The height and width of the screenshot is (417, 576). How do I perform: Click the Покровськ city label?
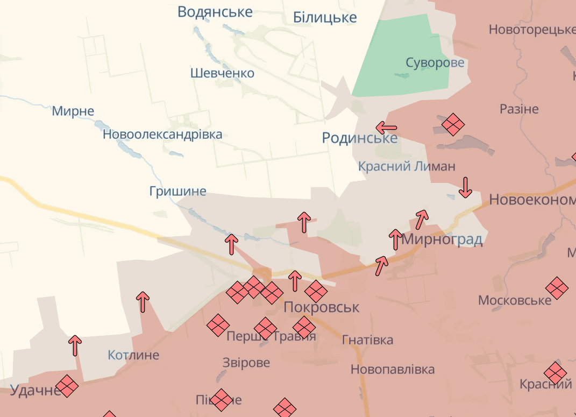tap(321, 307)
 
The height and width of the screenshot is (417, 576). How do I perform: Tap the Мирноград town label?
tap(442, 239)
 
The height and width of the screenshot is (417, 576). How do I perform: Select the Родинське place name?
tap(359, 138)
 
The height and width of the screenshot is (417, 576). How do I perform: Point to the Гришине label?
tap(177, 191)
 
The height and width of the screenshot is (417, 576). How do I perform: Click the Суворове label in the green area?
tap(435, 63)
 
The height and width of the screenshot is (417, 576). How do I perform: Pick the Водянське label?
tap(215, 12)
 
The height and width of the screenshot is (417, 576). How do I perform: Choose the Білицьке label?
tap(325, 18)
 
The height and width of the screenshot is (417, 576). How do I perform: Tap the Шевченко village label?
tap(222, 73)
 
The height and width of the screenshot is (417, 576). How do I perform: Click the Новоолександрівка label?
tap(162, 135)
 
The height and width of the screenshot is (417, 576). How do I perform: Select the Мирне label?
tap(73, 111)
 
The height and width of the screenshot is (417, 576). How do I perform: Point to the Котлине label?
tap(133, 355)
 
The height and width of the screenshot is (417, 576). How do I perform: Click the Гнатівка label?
tap(367, 340)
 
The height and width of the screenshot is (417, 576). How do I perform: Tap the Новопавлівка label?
tap(392, 370)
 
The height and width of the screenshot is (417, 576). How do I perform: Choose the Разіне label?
tap(518, 109)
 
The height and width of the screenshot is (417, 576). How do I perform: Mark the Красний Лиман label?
tap(407, 166)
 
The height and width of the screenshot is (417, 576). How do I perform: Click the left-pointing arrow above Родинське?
tap(386, 128)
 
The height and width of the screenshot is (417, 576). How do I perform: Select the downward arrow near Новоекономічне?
tap(465, 187)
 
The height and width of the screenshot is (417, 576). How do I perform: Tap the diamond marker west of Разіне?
tap(453, 125)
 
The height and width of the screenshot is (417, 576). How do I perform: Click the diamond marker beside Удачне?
tap(67, 386)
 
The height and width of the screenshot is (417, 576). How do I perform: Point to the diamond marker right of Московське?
tap(557, 288)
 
